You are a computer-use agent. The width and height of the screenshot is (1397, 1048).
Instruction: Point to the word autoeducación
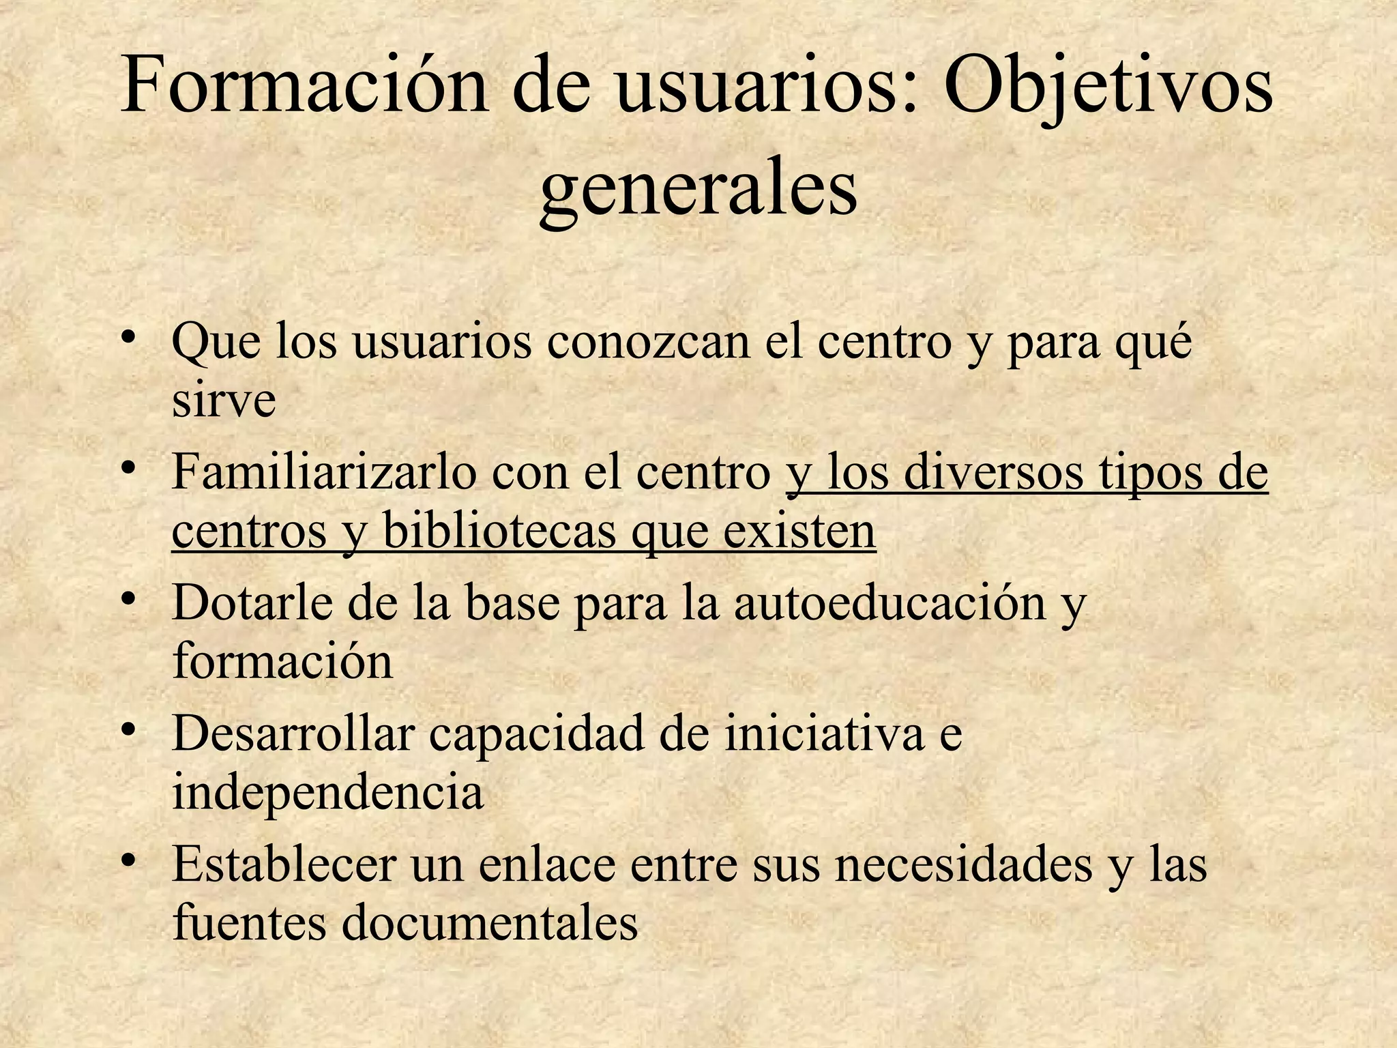pyautogui.click(x=890, y=604)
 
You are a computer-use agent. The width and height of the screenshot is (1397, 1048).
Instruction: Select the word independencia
pyautogui.click(x=327, y=793)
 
